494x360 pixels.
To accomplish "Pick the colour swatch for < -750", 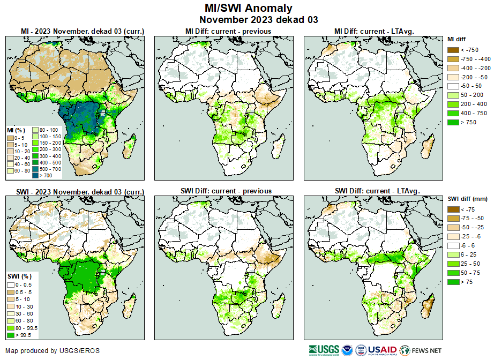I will click(x=452, y=50).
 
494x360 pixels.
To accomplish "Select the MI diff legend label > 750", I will click(x=469, y=122).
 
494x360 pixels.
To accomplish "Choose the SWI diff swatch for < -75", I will click(x=452, y=209).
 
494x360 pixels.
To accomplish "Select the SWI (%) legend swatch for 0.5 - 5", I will click(x=11, y=291).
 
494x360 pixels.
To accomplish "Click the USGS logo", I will click(x=324, y=350).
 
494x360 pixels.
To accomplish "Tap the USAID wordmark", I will click(x=381, y=350).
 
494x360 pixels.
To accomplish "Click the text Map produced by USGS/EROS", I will click(x=53, y=351).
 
